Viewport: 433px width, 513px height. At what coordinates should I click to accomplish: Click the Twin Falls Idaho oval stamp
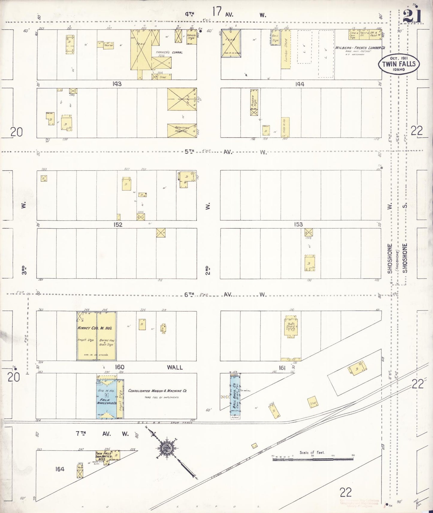click(399, 64)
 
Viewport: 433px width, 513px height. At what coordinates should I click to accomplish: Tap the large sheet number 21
click(412, 16)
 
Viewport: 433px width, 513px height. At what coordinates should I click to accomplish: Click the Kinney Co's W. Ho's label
click(94, 328)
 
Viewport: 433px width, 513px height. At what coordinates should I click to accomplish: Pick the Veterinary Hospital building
click(182, 130)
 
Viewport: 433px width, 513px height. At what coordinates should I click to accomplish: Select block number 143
click(117, 84)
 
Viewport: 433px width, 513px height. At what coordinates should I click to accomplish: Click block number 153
click(298, 224)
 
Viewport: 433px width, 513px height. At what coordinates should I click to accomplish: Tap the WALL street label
click(175, 367)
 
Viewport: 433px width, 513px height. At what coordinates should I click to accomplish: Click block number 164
click(60, 469)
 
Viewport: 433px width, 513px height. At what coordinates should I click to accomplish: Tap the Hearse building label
click(108, 45)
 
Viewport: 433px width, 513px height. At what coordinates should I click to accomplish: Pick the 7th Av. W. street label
click(102, 434)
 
